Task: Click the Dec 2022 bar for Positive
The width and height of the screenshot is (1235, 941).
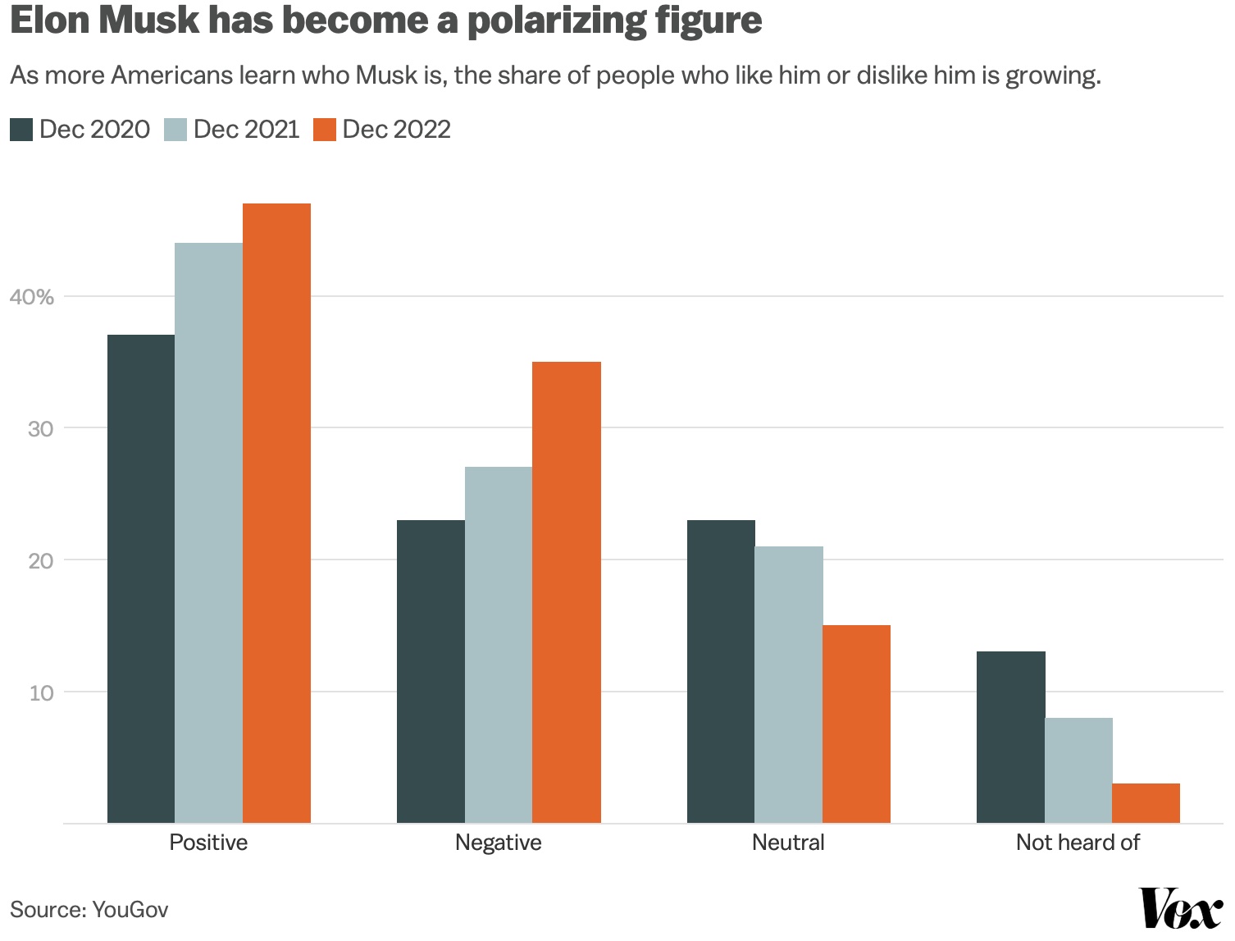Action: (x=276, y=513)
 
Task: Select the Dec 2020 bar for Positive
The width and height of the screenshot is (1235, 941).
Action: (x=141, y=578)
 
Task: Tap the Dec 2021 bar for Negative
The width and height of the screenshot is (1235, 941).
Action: (x=499, y=645)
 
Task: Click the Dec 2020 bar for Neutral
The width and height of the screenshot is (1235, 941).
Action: (x=721, y=671)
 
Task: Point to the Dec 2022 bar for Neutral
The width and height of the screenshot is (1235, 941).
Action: (x=856, y=724)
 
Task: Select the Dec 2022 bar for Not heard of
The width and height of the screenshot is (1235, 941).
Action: (x=1146, y=803)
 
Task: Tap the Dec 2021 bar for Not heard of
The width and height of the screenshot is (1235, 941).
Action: (x=1078, y=770)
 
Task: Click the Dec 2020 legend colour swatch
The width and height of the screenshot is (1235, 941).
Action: (x=21, y=130)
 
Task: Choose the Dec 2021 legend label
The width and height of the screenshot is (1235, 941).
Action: (x=247, y=130)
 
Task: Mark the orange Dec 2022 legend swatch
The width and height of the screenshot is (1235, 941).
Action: (x=325, y=130)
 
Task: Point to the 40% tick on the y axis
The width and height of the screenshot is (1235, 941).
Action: (x=32, y=297)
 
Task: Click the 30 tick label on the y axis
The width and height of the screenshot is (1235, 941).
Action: (x=40, y=428)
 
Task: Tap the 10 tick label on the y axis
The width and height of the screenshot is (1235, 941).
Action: (x=41, y=692)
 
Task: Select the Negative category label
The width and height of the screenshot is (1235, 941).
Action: (x=499, y=843)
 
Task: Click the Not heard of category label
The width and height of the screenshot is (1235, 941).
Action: (x=1078, y=843)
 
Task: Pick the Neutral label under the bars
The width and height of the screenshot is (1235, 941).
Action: (x=788, y=843)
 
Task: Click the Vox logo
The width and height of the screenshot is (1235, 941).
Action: (x=1181, y=908)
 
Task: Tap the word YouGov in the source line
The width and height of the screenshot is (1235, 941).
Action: (x=130, y=909)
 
